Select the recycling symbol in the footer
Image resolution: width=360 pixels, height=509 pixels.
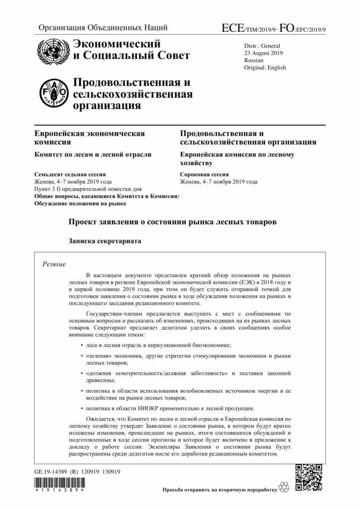point(284,489)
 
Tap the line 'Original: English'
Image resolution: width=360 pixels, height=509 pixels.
point(265,67)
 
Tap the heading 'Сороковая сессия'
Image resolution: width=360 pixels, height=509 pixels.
point(204,175)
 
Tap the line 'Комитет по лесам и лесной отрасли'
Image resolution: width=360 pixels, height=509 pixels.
point(92,155)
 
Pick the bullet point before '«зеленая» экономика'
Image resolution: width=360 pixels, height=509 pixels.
point(82,356)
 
